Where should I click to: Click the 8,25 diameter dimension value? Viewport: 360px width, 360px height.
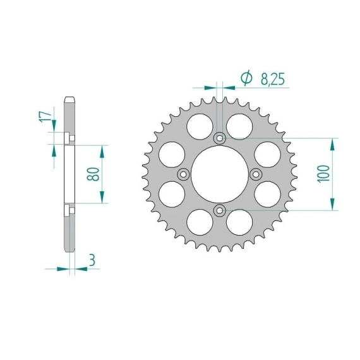pos(272,79)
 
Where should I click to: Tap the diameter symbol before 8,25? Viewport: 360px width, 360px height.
pos(246,78)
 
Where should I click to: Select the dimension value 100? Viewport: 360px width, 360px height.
pos(323,174)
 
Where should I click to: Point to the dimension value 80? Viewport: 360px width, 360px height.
pos(93,174)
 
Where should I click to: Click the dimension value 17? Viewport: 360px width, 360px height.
pos(45,117)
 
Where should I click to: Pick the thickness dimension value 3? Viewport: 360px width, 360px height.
pos(92,261)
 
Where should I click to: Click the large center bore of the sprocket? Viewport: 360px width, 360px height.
pos(220,174)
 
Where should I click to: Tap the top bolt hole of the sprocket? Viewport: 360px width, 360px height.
pos(220,138)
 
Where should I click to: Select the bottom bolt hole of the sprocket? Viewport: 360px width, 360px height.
pos(220,210)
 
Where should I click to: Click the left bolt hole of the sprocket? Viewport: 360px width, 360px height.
pos(183,174)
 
